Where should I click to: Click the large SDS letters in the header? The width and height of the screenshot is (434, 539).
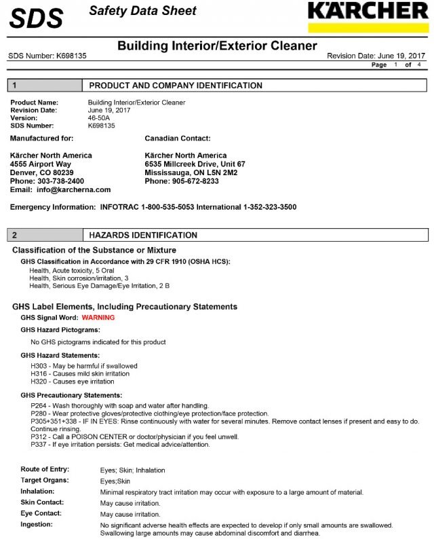(x=37, y=17)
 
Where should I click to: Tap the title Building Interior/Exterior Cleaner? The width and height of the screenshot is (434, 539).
(x=217, y=46)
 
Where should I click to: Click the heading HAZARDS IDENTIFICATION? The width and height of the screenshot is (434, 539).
(x=143, y=235)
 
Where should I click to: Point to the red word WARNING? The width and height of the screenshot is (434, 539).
(x=98, y=318)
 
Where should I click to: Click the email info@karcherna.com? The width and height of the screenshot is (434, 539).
(x=74, y=190)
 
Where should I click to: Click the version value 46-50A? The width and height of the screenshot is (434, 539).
(x=100, y=118)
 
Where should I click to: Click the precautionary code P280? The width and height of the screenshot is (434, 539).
(x=40, y=413)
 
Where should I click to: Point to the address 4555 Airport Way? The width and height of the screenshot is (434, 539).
(x=41, y=164)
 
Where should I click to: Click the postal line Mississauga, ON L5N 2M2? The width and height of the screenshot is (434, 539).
(x=191, y=173)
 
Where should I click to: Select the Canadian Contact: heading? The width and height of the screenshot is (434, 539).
(x=178, y=138)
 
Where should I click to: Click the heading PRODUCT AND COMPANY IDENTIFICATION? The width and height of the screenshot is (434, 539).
(x=176, y=86)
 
